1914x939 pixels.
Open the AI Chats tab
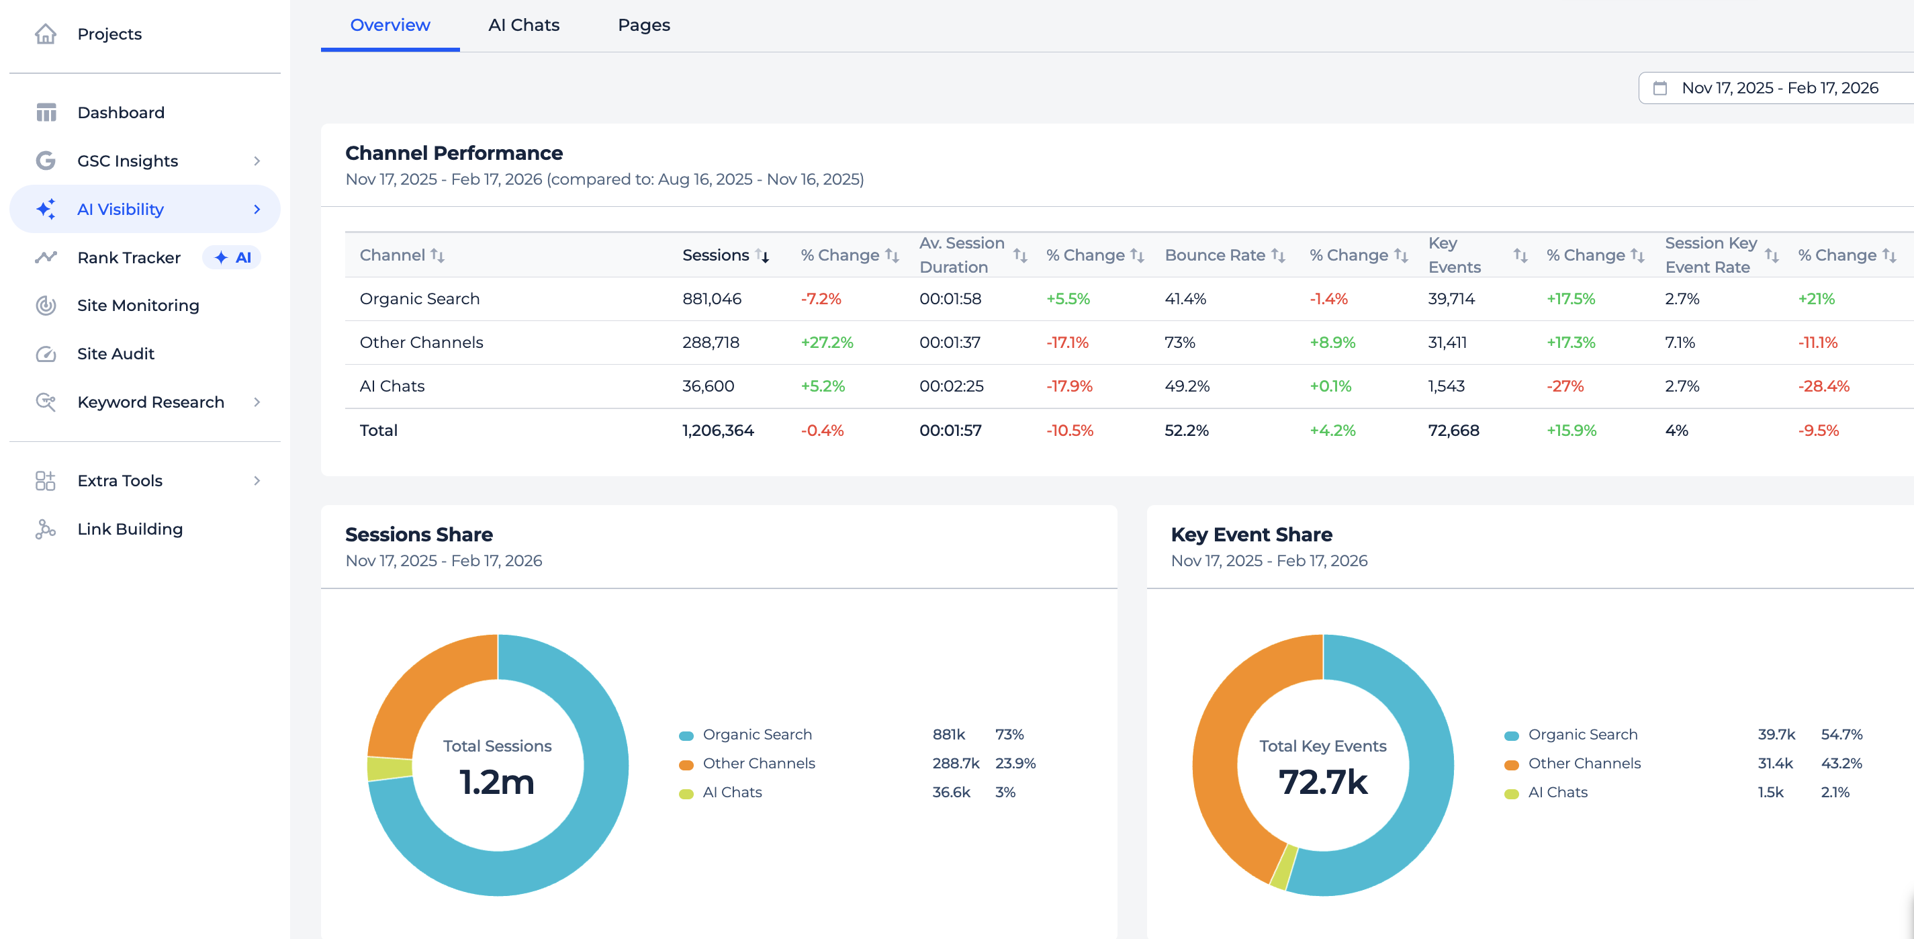523,26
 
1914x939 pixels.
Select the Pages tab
643,26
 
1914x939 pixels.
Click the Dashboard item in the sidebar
120,112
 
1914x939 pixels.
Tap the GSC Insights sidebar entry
127,161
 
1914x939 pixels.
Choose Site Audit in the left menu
115,353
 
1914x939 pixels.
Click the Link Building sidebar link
130,529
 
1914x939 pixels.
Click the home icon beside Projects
45,34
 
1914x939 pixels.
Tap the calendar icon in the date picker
1659,89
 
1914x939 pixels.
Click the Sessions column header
715,255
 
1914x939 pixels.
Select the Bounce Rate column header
1214,255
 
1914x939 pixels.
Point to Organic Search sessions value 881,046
711,299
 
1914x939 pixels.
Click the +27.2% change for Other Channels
826,343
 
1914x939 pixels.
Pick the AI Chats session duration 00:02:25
951,386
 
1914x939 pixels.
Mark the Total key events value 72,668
1453,430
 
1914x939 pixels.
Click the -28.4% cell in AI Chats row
1823,386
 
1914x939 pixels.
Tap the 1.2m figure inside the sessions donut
496,782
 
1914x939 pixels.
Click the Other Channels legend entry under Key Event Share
1584,763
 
